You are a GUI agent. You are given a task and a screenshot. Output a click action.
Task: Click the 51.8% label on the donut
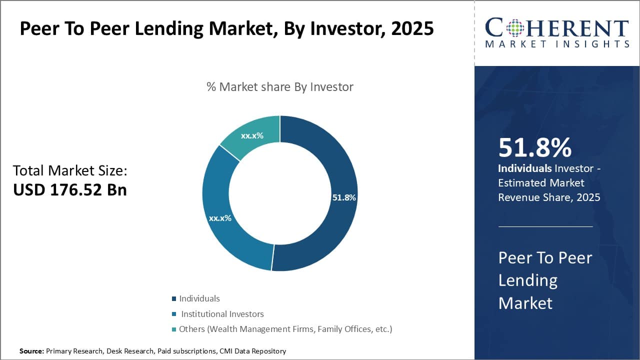click(344, 197)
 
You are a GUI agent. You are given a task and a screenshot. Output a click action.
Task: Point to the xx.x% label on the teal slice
click(252, 135)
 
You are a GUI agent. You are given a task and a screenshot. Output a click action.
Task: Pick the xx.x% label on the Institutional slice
click(220, 218)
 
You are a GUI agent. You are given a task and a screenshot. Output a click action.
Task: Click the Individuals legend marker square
click(174, 299)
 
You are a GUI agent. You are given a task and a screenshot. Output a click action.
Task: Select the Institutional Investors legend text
click(222, 314)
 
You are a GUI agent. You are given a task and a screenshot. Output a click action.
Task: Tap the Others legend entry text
click(285, 329)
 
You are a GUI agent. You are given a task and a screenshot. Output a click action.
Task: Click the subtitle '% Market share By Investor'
click(280, 87)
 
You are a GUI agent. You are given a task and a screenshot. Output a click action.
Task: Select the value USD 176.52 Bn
click(69, 189)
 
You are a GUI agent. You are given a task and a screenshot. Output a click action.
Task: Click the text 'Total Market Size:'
click(70, 170)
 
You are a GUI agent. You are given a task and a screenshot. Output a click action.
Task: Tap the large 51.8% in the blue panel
click(535, 148)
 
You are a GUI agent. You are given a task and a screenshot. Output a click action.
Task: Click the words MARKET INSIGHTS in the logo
click(557, 44)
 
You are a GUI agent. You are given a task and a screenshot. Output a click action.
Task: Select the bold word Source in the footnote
click(31, 351)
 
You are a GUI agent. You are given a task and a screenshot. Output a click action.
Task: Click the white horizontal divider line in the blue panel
click(545, 226)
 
